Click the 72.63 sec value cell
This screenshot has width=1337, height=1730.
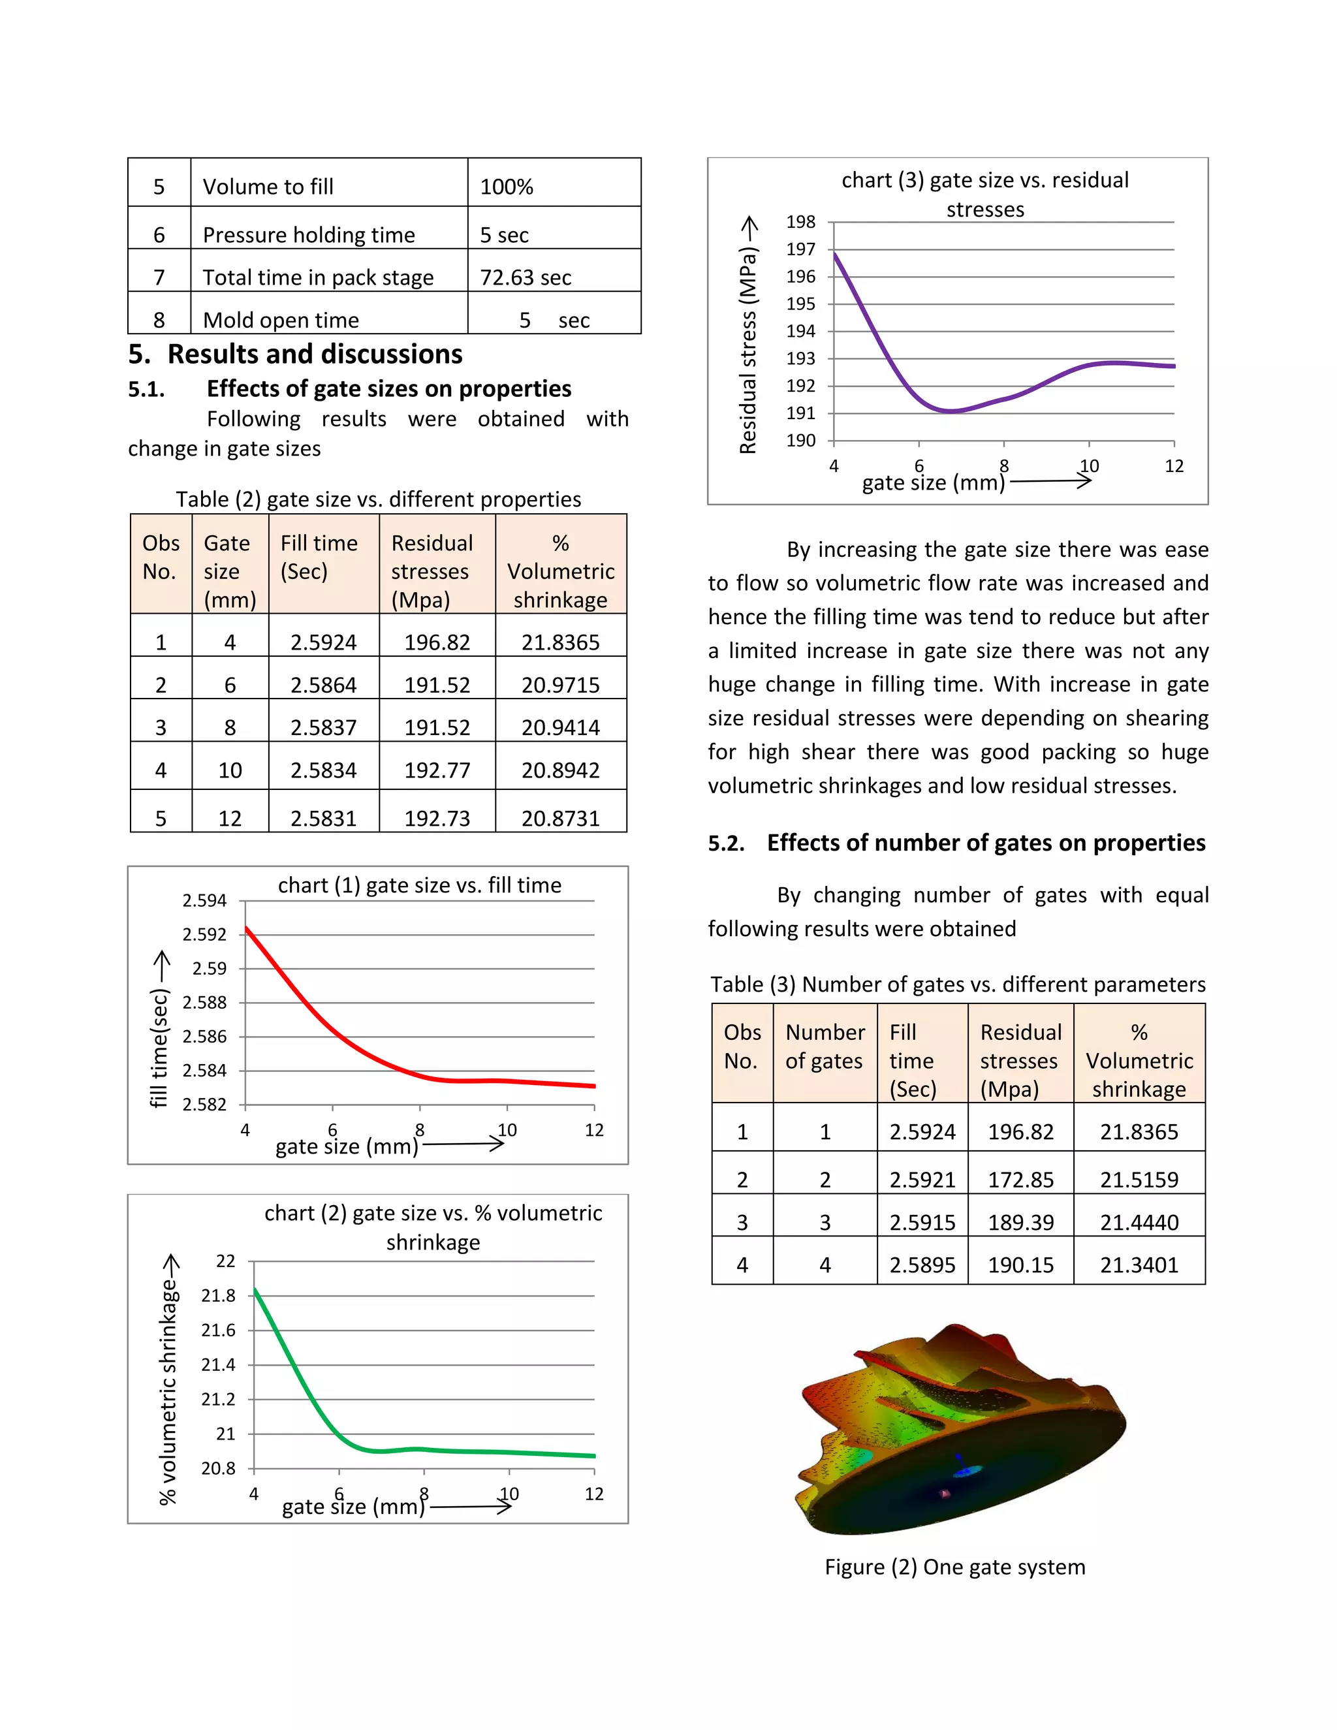point(525,277)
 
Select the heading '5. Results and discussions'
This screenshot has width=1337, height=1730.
point(296,354)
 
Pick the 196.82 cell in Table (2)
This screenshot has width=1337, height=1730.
point(437,642)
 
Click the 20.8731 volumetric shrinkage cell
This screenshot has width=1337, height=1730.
point(560,818)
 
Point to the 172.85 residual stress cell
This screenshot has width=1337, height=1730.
point(1020,1180)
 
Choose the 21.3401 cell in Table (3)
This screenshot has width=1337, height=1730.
point(1139,1265)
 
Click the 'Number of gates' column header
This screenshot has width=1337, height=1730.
point(824,1046)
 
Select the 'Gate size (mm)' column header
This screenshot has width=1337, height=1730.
point(230,571)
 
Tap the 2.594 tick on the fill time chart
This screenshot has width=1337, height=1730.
point(204,901)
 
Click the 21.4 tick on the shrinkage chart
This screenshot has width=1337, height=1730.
point(218,1365)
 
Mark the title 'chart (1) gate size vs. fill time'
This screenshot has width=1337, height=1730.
point(419,885)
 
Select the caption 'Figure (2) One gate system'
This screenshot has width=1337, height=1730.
point(954,1567)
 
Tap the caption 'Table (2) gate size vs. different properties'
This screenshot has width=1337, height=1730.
point(378,499)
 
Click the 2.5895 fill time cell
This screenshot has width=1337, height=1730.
point(922,1265)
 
